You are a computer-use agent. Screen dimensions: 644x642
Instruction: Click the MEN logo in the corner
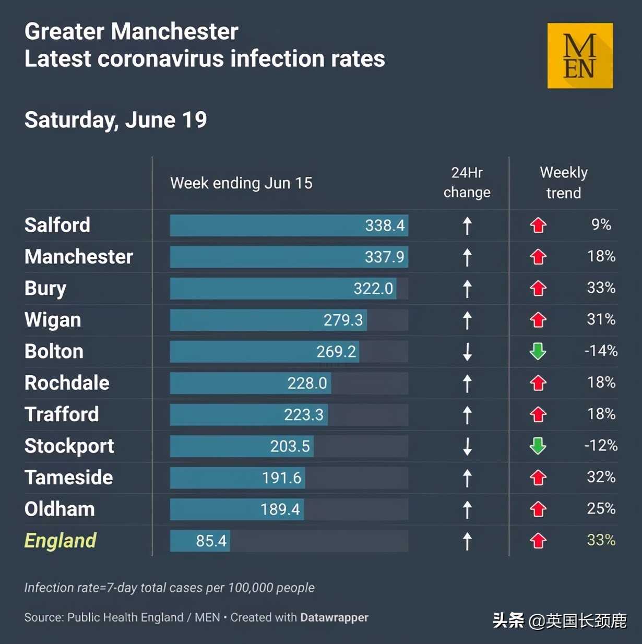coord(580,56)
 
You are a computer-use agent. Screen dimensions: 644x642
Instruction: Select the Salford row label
coord(57,225)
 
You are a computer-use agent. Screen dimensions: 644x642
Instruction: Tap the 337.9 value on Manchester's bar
coord(384,257)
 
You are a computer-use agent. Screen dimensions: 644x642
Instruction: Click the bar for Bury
coord(283,289)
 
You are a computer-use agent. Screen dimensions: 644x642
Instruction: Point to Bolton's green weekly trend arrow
coord(538,351)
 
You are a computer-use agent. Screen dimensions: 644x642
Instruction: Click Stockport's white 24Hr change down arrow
coord(467,446)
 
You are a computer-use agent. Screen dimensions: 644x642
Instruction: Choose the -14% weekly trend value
coord(601,351)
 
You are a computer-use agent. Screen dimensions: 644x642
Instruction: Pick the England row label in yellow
coord(61,541)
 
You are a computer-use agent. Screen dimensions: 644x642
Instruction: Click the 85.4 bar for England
coord(200,541)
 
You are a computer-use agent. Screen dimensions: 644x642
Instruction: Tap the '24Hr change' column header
coord(467,183)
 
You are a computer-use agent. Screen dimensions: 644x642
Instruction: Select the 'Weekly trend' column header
coord(564,183)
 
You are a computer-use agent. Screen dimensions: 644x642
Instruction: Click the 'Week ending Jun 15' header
coord(241,183)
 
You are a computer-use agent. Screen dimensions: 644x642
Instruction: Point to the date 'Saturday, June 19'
coord(116,120)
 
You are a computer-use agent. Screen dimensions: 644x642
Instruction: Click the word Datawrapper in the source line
coord(334,617)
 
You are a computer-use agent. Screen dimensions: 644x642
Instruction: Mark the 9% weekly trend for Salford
coord(601,224)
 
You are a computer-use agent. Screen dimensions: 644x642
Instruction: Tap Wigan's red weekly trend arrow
coord(538,320)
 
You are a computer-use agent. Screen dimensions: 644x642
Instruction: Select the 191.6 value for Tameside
coord(281,478)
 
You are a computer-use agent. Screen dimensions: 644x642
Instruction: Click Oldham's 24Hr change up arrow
coord(467,510)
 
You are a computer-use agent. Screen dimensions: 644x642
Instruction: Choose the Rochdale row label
coord(67,383)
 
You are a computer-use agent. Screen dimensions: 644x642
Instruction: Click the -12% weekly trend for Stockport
coord(601,446)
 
